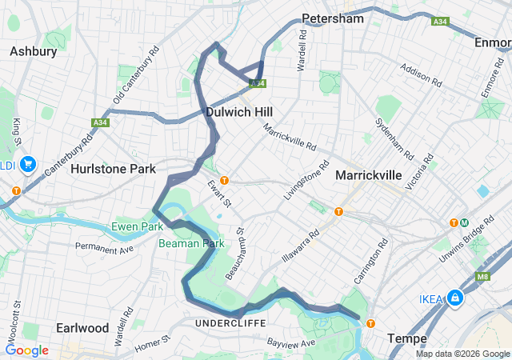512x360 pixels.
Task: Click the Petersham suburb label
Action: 333,18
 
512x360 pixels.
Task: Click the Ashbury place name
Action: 33,51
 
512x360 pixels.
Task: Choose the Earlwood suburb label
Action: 82,328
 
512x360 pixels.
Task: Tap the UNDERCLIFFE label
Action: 224,322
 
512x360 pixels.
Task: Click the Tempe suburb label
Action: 406,338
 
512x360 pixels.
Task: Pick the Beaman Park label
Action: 190,242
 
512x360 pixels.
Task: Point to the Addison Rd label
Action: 421,76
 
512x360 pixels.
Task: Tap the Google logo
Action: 26,350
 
